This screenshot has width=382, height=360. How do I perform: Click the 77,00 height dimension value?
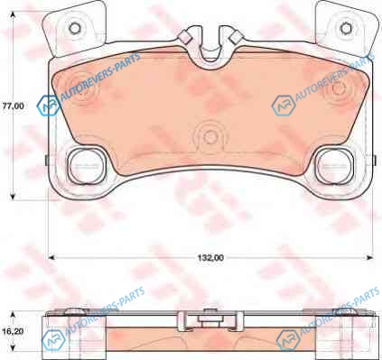[x=13, y=106]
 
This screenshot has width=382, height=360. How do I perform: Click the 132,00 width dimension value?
[x=210, y=258]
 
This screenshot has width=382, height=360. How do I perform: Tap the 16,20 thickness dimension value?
[x=13, y=331]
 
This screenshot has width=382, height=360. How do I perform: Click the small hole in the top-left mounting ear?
[x=75, y=28]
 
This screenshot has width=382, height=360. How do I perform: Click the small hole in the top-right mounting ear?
[x=346, y=28]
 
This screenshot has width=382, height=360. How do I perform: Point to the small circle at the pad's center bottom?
[x=210, y=137]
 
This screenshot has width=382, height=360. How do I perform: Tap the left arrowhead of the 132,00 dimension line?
[x=51, y=257]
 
